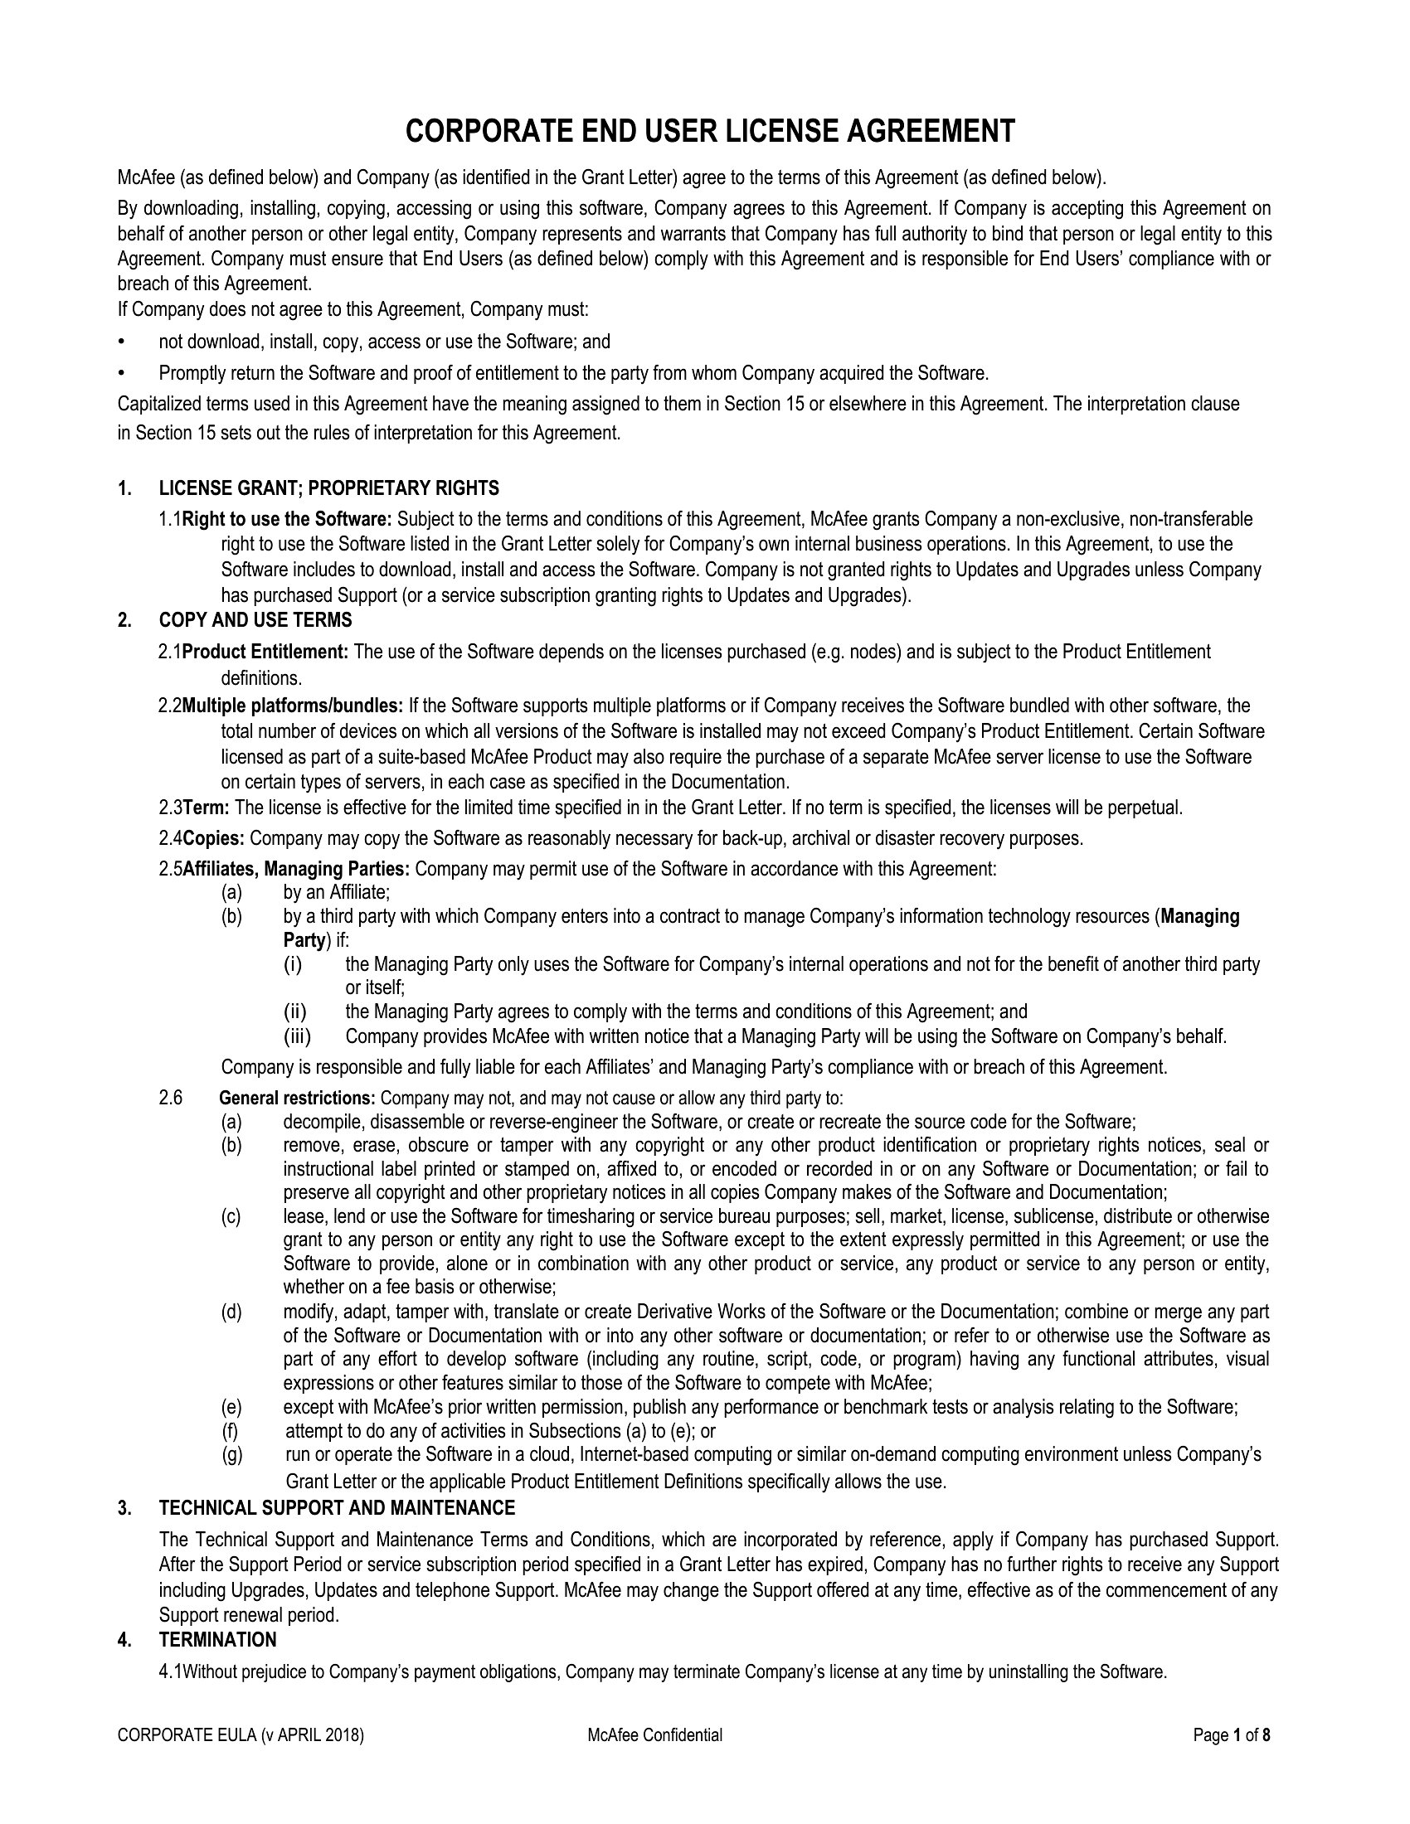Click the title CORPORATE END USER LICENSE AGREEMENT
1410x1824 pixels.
click(x=710, y=132)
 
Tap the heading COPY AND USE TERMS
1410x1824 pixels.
click(x=255, y=619)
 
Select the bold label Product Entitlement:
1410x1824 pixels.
click(x=265, y=652)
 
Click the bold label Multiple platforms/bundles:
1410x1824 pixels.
click(x=293, y=706)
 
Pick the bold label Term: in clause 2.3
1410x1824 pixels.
click(x=207, y=808)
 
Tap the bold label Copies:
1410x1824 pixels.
click(x=214, y=837)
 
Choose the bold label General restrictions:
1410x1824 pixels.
click(x=298, y=1098)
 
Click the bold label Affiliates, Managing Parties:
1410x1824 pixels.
click(x=297, y=869)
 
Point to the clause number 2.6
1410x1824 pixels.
click(x=170, y=1098)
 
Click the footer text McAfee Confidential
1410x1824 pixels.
click(x=655, y=1735)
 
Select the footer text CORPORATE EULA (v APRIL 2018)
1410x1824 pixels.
click(x=241, y=1735)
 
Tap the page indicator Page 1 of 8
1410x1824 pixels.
click(x=1232, y=1735)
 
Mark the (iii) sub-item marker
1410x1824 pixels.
click(x=298, y=1036)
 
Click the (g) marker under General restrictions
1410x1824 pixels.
click(x=231, y=1454)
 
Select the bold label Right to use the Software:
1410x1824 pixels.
click(x=287, y=520)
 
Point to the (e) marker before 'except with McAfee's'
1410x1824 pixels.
click(x=231, y=1407)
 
